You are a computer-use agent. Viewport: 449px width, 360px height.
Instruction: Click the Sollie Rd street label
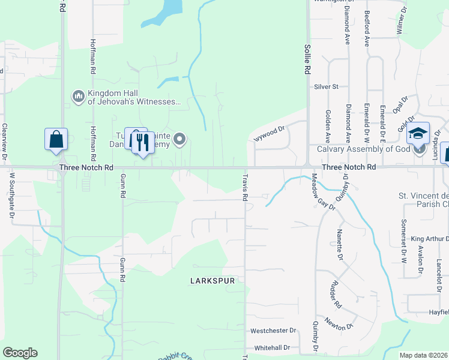[x=307, y=58]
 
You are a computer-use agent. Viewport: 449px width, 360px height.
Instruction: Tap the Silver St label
[x=327, y=87]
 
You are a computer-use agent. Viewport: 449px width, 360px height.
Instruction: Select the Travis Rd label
[x=245, y=187]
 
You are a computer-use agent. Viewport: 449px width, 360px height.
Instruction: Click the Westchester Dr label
[x=274, y=331]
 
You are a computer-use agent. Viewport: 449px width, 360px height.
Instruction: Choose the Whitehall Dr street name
[x=272, y=348]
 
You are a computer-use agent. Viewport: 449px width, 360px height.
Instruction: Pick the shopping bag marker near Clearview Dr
[x=56, y=139]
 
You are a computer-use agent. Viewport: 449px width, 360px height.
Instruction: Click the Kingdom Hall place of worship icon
[x=78, y=97]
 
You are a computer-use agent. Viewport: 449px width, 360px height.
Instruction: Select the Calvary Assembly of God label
[x=363, y=149]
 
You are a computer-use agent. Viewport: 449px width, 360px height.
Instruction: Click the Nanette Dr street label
[x=340, y=241]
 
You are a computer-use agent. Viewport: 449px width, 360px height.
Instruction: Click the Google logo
[x=19, y=353]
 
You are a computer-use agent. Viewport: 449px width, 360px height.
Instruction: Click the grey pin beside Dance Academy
[x=179, y=140]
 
